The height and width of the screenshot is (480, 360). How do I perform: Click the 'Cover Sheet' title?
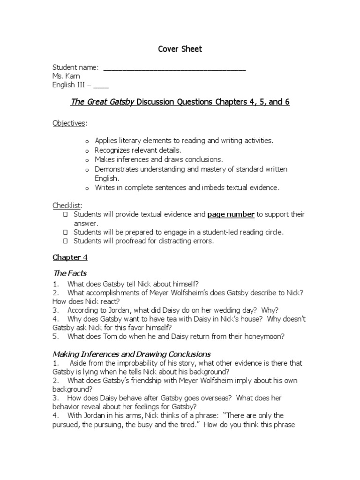pyautogui.click(x=180, y=49)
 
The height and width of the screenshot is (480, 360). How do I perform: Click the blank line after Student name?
pyautogui.click(x=174, y=68)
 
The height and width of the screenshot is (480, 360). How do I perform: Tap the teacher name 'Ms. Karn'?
pyautogui.click(x=66, y=76)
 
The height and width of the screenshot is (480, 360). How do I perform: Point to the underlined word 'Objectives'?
pyautogui.click(x=68, y=123)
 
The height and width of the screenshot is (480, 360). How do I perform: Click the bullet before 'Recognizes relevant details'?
pyautogui.click(x=87, y=151)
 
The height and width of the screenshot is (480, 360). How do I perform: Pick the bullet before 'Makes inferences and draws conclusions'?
pyautogui.click(x=87, y=160)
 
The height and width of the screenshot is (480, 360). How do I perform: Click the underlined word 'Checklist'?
pyautogui.click(x=67, y=205)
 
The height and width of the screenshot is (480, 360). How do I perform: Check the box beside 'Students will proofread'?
pyautogui.click(x=66, y=241)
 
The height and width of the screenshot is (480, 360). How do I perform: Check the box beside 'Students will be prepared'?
pyautogui.click(x=66, y=232)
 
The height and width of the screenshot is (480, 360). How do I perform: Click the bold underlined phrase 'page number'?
pyautogui.click(x=231, y=214)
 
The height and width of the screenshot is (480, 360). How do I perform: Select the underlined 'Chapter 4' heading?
pyautogui.click(x=70, y=257)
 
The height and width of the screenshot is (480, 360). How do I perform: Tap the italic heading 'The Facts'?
pyautogui.click(x=70, y=273)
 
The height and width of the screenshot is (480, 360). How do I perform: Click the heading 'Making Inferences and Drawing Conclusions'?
pyautogui.click(x=132, y=354)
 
